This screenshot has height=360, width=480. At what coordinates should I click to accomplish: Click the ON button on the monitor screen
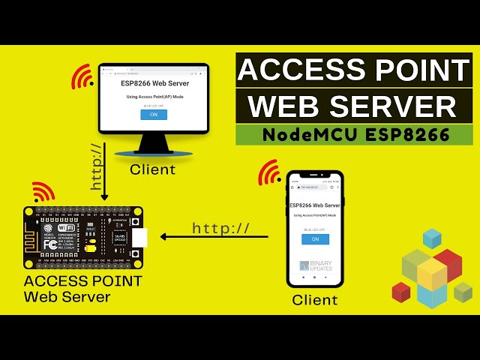[153, 115]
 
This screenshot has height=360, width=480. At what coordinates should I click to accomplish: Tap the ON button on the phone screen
[315, 238]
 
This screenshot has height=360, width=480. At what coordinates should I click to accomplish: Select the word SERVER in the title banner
[396, 106]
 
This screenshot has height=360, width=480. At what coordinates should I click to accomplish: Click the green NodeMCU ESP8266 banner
[354, 135]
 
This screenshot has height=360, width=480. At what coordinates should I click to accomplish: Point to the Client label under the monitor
[152, 169]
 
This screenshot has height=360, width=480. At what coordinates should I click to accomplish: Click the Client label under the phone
[314, 300]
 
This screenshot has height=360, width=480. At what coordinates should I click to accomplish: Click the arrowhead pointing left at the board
[164, 238]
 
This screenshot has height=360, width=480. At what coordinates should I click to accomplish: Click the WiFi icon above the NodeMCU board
[43, 192]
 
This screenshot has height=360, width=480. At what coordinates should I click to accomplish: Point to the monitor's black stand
[153, 144]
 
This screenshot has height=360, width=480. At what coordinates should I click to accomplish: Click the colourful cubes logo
[432, 270]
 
